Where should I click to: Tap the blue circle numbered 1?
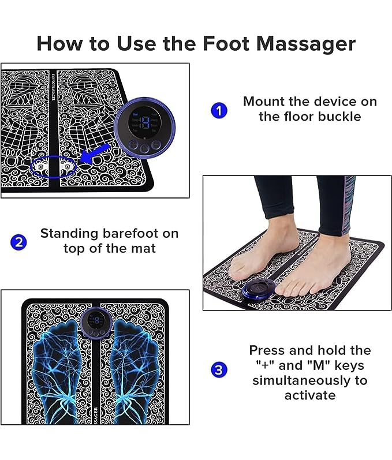(219, 110)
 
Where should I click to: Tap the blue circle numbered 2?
(18, 241)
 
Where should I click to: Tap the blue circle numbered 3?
(219, 369)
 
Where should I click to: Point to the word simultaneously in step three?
(309, 380)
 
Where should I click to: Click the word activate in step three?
(309, 395)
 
